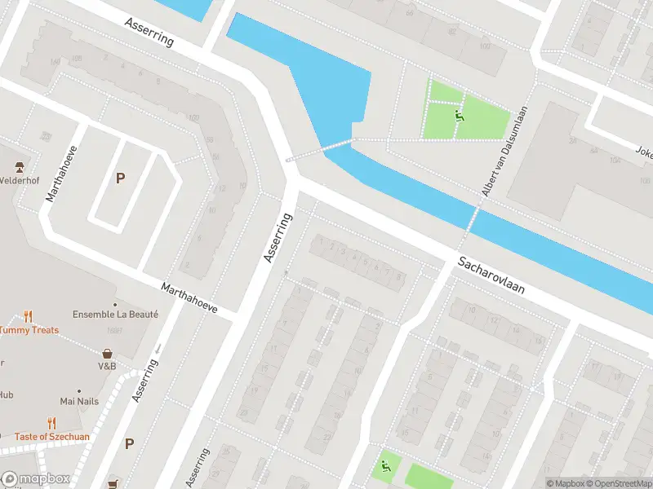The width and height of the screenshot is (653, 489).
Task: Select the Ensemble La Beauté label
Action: [115, 314]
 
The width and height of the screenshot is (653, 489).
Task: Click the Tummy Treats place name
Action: [29, 330]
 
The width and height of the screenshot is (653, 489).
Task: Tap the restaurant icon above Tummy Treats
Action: [28, 316]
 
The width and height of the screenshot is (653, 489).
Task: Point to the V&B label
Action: [108, 366]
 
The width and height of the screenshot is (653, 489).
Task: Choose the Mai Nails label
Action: [79, 401]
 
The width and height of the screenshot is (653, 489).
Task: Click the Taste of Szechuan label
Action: [52, 437]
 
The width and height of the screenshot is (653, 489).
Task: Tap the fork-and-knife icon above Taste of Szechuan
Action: [52, 423]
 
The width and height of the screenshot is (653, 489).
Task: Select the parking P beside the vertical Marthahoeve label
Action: [120, 178]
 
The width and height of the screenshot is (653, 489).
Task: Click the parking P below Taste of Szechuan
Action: [129, 443]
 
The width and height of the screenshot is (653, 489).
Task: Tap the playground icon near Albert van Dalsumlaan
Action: [460, 117]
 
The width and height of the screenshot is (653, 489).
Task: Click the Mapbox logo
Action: [35, 479]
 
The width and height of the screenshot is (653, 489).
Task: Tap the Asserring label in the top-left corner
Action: [149, 32]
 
